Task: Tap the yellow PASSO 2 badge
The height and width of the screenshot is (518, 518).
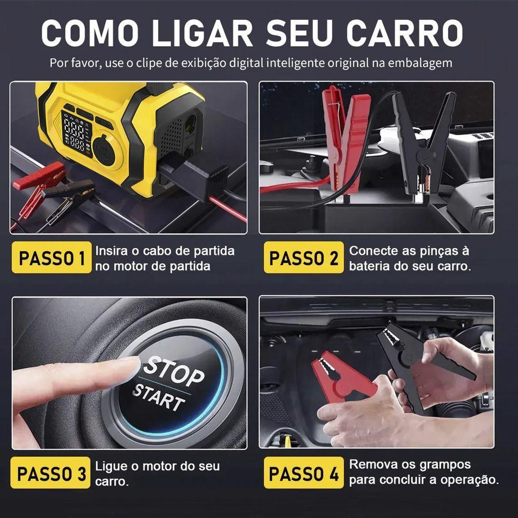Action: coord(304,257)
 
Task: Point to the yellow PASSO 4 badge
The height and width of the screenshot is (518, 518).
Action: coord(304,473)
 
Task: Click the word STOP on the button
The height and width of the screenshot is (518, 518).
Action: coord(174,369)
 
